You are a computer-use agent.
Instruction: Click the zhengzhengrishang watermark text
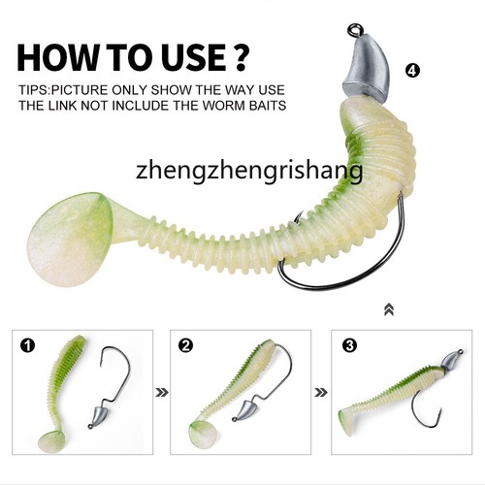click(250, 173)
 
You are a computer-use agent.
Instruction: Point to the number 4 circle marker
click(413, 71)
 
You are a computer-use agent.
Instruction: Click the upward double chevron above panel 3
click(389, 308)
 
